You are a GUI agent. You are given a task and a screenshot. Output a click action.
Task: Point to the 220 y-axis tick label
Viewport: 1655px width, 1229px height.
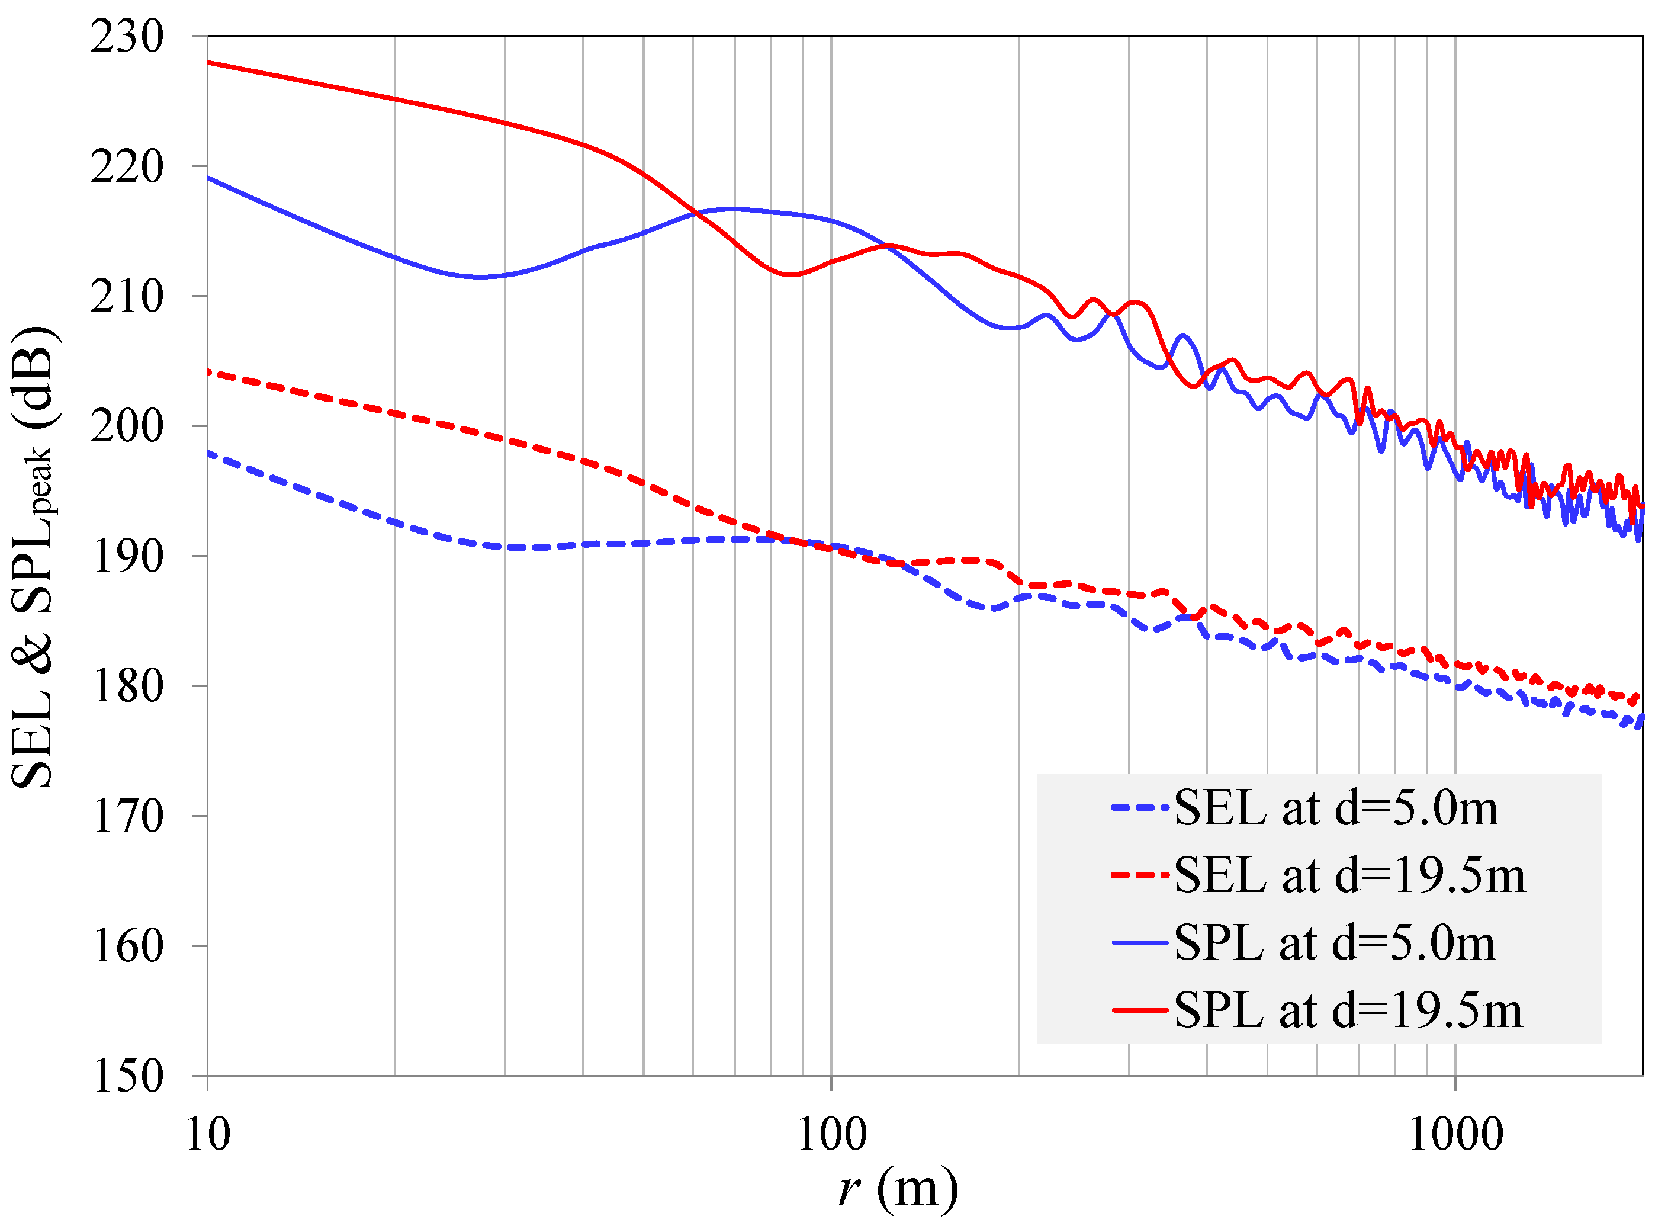[x=127, y=166]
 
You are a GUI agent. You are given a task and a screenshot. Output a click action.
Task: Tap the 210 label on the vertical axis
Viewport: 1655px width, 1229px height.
[x=127, y=297]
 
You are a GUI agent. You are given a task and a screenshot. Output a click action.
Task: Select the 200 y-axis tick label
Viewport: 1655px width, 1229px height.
[x=127, y=426]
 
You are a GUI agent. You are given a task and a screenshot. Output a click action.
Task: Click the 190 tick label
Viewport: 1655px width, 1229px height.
[x=127, y=557]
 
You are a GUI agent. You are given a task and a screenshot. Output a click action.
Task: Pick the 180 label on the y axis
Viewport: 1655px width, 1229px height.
[x=127, y=686]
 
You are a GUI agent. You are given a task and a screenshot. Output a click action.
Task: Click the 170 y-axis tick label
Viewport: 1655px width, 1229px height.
[x=127, y=816]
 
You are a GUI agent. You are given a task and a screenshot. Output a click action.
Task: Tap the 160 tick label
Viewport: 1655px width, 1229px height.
[x=127, y=946]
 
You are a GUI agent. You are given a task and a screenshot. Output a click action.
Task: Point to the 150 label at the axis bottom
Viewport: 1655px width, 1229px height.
[x=127, y=1076]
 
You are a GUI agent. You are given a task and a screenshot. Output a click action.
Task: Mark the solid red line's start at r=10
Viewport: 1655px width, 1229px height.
[x=208, y=63]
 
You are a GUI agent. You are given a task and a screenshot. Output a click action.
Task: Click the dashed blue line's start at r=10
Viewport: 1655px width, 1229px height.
[x=208, y=453]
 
